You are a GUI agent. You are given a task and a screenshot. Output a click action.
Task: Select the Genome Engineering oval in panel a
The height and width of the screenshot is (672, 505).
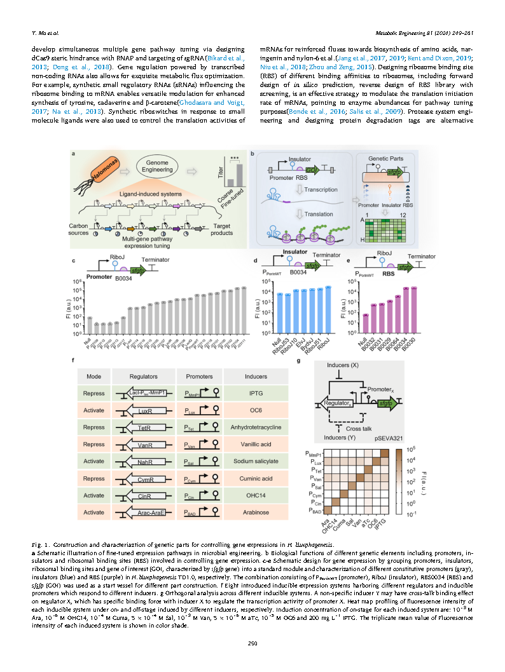(x=166, y=167)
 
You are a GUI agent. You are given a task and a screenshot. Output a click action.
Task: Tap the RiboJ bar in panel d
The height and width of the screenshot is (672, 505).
(x=328, y=309)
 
